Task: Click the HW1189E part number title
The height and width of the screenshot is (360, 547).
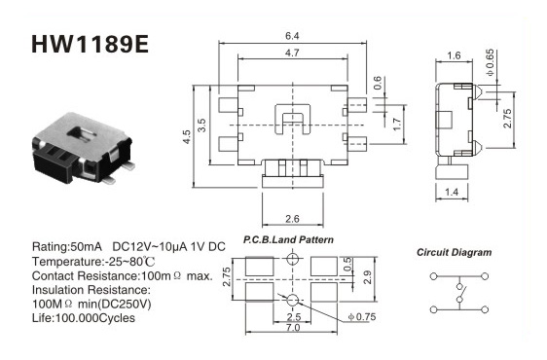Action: (x=90, y=45)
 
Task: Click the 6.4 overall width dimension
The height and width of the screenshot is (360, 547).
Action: (x=292, y=36)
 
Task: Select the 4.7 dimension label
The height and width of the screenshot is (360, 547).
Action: (x=292, y=53)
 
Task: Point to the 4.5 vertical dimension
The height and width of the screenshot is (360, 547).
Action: (x=187, y=137)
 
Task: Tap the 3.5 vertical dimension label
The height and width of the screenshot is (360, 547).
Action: (x=201, y=126)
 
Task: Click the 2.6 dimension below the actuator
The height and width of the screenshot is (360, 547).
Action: (x=292, y=219)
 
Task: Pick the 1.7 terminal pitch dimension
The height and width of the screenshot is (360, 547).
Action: (x=397, y=125)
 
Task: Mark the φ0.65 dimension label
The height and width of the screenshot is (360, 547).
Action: (x=490, y=63)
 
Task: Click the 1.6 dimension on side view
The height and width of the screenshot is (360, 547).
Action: (x=454, y=55)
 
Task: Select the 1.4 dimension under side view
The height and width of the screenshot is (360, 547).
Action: (x=452, y=192)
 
